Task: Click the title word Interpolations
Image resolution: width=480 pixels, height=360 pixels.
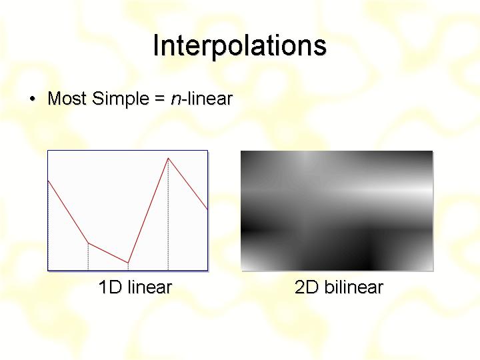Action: coord(240,45)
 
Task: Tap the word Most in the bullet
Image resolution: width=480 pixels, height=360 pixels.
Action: coord(67,98)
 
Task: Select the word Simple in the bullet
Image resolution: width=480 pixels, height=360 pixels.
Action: coord(120,99)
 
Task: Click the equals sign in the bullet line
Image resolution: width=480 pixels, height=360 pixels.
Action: coord(160,99)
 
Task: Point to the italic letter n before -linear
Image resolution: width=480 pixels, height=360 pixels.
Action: coord(176,100)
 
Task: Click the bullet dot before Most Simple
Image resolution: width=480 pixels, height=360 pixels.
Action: coord(33,99)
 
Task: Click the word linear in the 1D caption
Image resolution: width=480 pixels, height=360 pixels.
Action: coord(150,287)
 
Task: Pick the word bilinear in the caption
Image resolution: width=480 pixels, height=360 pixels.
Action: coord(353,287)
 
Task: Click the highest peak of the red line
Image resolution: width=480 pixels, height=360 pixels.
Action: coord(168,158)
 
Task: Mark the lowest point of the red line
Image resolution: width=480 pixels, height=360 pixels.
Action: coord(128,263)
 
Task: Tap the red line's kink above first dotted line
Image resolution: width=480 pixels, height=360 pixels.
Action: coord(88,243)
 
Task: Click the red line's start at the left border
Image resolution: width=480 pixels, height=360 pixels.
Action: coord(49,181)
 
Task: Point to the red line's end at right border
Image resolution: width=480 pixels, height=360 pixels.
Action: coord(207,209)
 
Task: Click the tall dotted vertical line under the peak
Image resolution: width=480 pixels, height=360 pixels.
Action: coord(168,214)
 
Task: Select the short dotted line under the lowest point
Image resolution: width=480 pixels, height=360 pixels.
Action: coord(128,266)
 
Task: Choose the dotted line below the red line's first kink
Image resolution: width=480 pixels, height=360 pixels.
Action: coord(88,257)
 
